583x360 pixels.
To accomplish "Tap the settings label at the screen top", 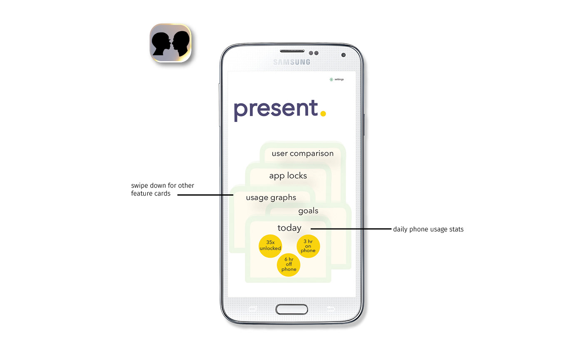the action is point(339,79).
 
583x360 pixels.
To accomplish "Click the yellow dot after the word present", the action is point(323,112).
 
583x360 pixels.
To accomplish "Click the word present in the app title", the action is point(276,109).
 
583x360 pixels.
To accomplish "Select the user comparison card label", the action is point(302,154).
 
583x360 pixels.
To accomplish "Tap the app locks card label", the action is point(288,176).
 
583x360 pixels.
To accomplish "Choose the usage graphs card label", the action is point(271,198).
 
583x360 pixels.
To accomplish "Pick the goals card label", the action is point(308,211).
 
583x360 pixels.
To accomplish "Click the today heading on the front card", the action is point(289,228).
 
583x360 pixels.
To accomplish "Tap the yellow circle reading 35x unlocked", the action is point(270,246).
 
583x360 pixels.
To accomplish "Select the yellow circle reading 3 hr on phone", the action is point(308,246).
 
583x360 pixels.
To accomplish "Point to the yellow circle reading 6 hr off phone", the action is point(289,265).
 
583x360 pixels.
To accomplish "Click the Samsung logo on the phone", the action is point(291,62).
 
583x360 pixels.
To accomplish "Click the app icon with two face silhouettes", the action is point(170,43).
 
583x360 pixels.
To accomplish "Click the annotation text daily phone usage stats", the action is point(428,229).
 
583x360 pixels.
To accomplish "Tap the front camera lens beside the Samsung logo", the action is point(343,55).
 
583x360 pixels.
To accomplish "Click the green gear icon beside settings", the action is point(331,79).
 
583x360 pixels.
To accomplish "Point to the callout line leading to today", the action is point(350,228).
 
